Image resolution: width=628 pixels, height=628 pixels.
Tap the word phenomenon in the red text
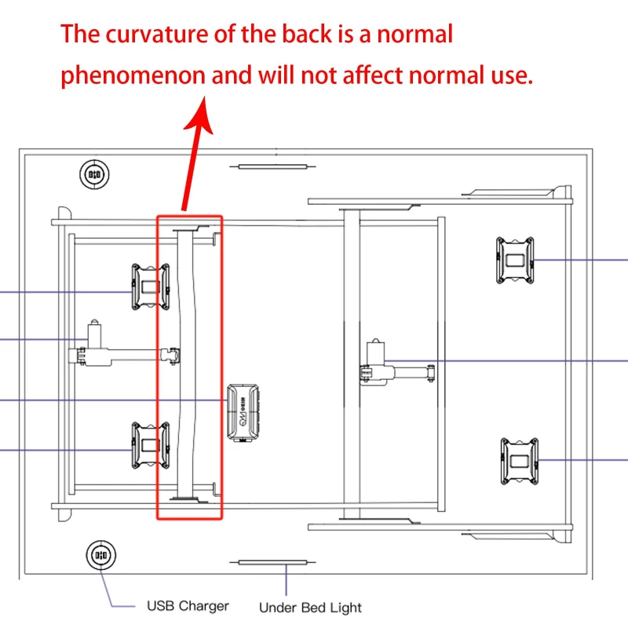click(x=133, y=76)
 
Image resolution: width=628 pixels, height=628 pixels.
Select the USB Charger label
click(x=188, y=606)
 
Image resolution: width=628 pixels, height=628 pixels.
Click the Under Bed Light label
click(x=310, y=607)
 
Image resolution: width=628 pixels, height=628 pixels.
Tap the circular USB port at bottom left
click(x=99, y=554)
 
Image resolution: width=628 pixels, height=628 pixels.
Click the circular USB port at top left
click(x=95, y=173)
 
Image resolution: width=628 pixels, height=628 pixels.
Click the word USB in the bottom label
click(x=162, y=606)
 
